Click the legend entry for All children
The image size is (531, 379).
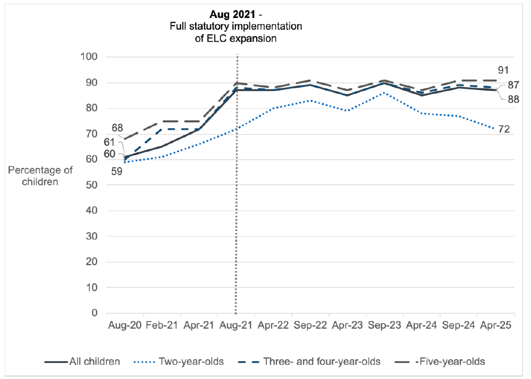[x=83, y=362]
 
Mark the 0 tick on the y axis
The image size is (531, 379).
[x=94, y=313]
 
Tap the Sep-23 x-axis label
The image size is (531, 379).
[x=385, y=327]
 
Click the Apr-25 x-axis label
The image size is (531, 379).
[x=496, y=327]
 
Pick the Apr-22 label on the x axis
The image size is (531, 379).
[x=273, y=327]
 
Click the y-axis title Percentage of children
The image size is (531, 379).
[x=33, y=175]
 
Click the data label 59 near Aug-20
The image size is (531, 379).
[x=116, y=172]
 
